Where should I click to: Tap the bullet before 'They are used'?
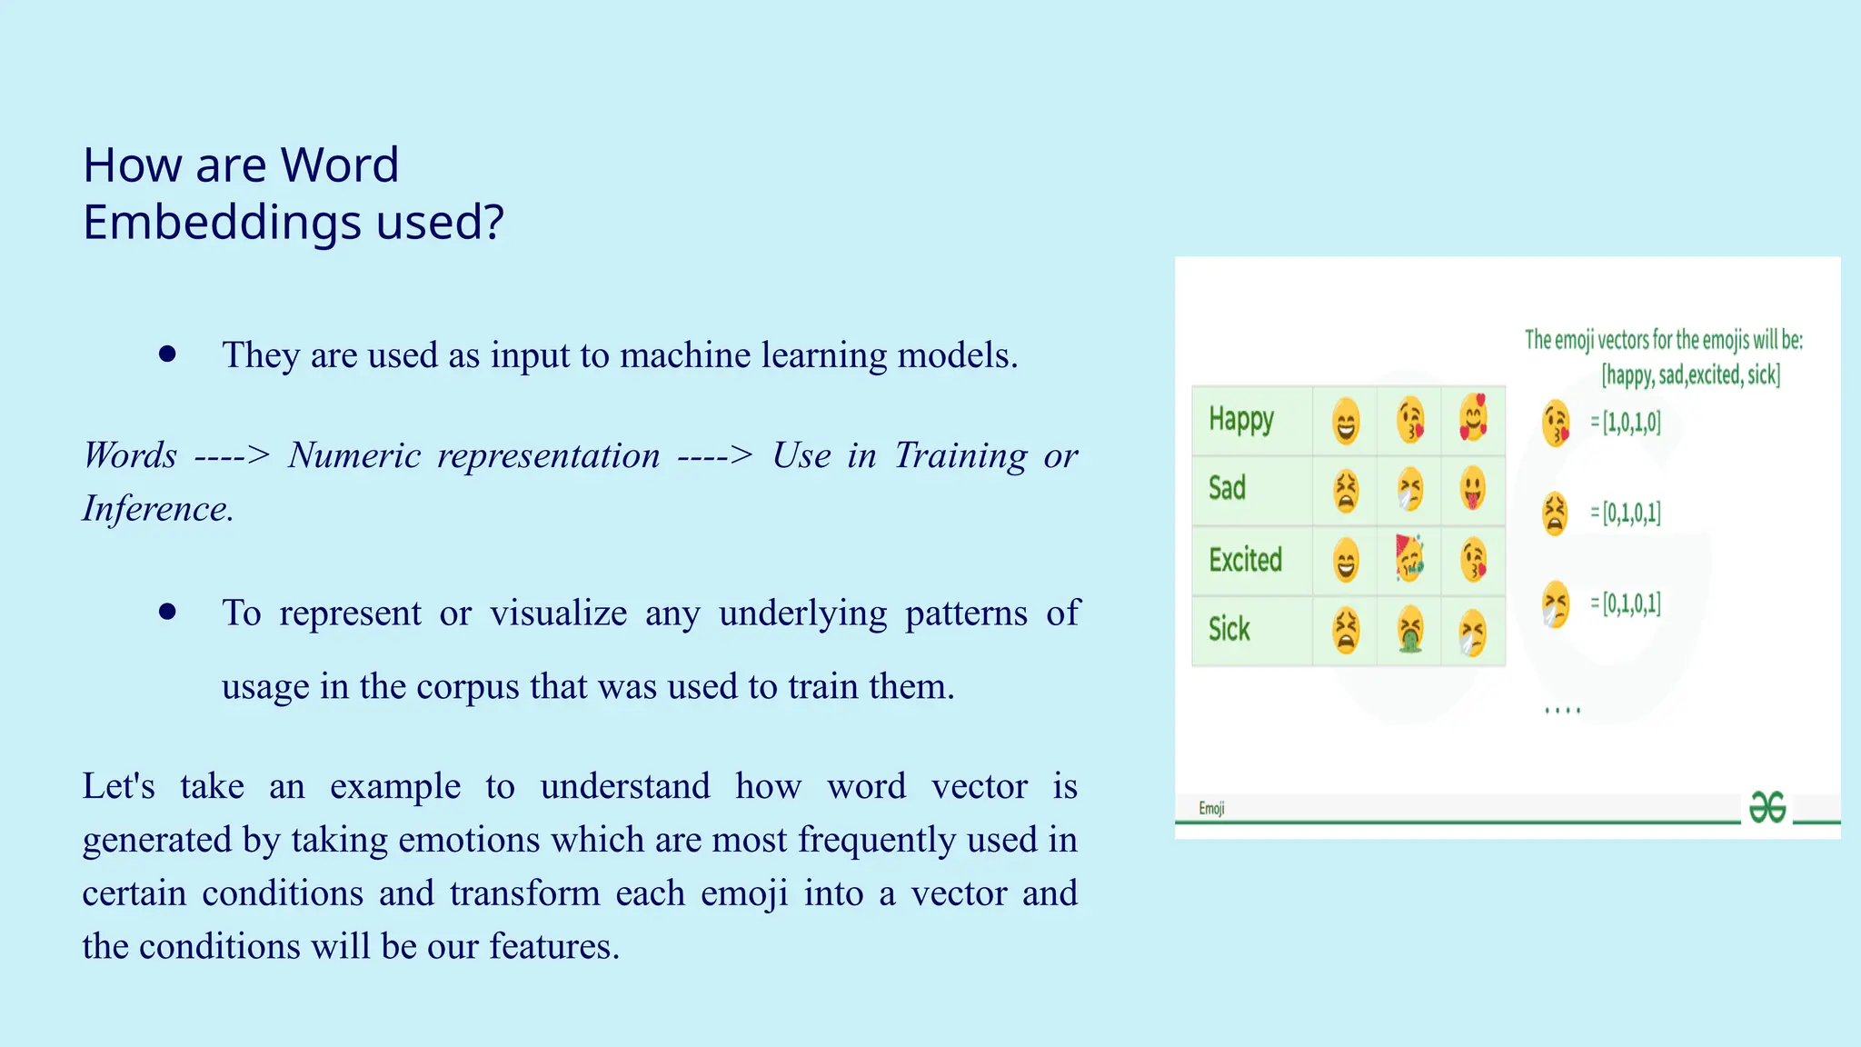tap(167, 354)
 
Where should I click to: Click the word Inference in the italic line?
tap(156, 509)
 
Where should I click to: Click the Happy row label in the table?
tap(1240, 419)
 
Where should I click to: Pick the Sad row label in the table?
tap(1227, 488)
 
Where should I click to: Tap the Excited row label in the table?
tap(1245, 559)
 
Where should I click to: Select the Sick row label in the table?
tap(1229, 629)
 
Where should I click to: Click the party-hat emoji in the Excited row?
tap(1408, 558)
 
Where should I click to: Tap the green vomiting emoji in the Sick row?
tap(1409, 631)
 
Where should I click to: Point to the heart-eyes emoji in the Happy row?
tap(1473, 419)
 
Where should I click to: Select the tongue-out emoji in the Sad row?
tap(1473, 489)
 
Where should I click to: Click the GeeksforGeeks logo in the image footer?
tap(1767, 806)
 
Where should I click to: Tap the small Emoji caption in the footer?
tap(1211, 808)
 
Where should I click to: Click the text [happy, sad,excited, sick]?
tap(1690, 374)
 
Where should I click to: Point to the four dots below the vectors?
tap(1562, 711)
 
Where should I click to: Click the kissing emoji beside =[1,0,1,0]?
tap(1556, 424)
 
